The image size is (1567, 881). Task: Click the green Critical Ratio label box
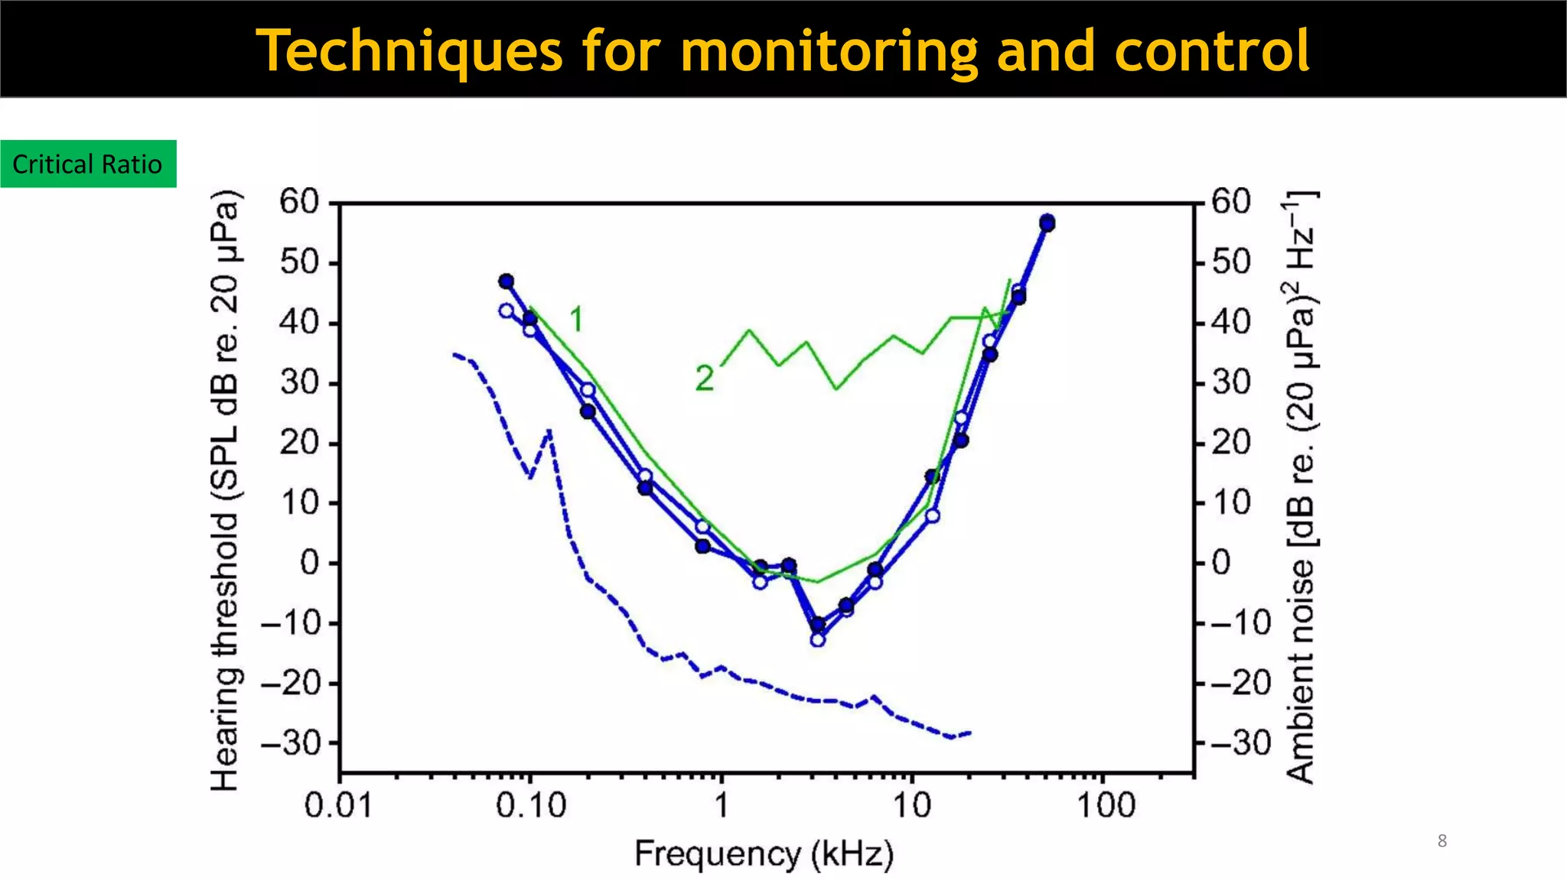click(x=88, y=164)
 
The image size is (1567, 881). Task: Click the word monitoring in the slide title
click(x=829, y=50)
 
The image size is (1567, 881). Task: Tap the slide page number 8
click(x=1442, y=841)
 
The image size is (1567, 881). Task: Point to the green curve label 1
click(x=577, y=319)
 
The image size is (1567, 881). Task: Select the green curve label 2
click(x=704, y=378)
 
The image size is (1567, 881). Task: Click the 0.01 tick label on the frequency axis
click(x=338, y=806)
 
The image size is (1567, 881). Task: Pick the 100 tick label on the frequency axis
click(x=1106, y=806)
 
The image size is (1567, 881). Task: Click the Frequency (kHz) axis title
click(x=764, y=854)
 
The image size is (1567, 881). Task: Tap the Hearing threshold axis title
click(x=226, y=489)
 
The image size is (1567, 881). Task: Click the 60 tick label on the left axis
click(x=298, y=202)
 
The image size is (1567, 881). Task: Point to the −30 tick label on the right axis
click(x=1240, y=743)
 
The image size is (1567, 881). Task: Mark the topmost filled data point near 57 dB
click(x=1047, y=223)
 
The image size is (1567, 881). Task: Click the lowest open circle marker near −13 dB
click(x=818, y=639)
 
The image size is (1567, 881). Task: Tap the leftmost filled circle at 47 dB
click(x=506, y=281)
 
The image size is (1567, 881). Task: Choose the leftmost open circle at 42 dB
click(x=507, y=310)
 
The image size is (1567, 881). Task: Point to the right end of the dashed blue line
click(x=970, y=733)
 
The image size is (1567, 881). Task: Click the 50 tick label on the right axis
click(x=1231, y=262)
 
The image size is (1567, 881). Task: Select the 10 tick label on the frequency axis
click(x=912, y=806)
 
